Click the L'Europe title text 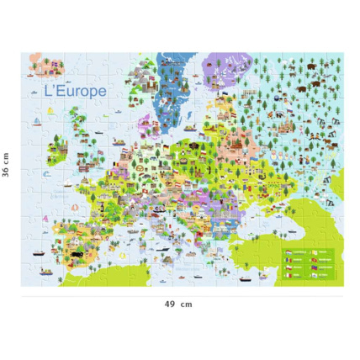(x=76, y=89)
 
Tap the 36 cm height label (x=7, y=169)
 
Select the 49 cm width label (x=179, y=304)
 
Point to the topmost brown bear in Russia (x=313, y=65)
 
